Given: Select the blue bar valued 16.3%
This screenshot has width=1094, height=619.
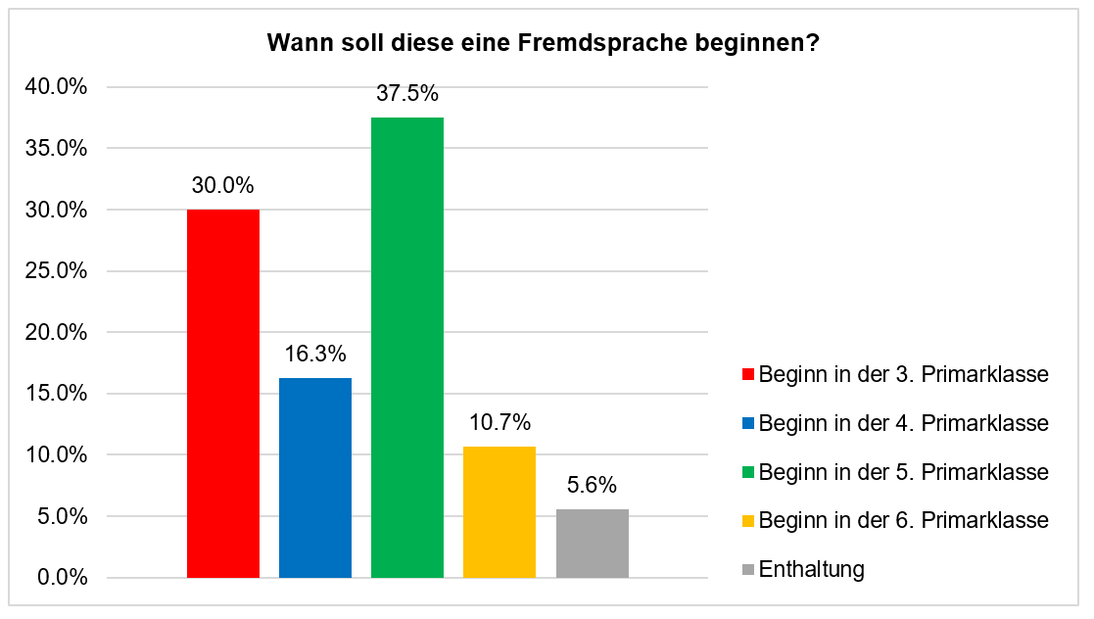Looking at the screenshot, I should [x=315, y=478].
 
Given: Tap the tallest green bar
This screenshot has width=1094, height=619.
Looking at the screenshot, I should [x=407, y=348].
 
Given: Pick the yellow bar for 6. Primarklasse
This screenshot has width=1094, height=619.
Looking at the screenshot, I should [x=499, y=512].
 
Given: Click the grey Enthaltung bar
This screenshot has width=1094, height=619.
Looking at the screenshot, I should [x=593, y=544].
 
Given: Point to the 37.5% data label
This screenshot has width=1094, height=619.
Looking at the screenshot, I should [x=407, y=95].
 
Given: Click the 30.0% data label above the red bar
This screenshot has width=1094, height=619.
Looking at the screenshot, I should [x=223, y=186].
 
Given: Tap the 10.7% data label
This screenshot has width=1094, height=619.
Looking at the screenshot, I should [x=499, y=423].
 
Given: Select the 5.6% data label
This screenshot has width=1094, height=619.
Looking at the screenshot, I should [x=593, y=486].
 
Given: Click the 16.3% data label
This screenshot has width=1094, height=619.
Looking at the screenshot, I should [x=315, y=355].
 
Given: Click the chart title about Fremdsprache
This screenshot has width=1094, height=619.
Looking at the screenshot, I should [x=544, y=44].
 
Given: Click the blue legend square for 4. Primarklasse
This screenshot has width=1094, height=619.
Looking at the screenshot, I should [x=749, y=424].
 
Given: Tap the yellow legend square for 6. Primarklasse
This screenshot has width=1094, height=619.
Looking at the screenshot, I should [x=749, y=521].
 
